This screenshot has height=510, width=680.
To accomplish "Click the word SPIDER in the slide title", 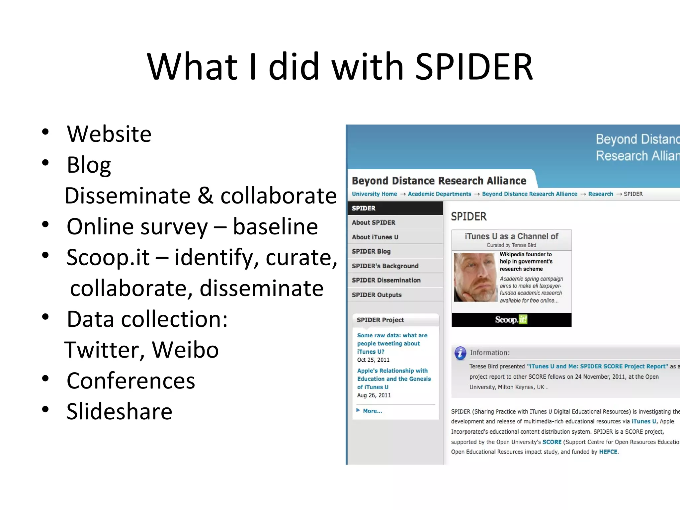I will [474, 67].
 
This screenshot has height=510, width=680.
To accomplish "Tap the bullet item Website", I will [109, 134].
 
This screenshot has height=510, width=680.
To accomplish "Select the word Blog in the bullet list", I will [89, 165].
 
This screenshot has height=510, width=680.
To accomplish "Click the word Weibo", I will [185, 350].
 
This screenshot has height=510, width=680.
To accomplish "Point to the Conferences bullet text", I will [131, 381].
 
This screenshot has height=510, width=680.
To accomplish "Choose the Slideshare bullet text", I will [119, 412].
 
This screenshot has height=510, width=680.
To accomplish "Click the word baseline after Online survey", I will [275, 227].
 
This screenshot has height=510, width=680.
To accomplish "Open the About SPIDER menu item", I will [374, 222].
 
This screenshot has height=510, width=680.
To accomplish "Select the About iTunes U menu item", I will [375, 237].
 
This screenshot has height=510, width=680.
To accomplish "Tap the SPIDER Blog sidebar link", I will [371, 251].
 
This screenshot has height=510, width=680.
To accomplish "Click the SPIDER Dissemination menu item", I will [386, 280].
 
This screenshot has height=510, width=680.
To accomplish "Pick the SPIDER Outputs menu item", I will [377, 295].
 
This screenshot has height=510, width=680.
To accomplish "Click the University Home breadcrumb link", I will [374, 194].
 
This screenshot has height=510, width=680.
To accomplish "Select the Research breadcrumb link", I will [600, 194].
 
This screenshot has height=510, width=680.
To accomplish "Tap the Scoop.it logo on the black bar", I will [511, 320].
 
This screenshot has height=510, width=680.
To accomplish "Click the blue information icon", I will [460, 353].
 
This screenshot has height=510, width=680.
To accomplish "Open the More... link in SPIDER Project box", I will [372, 411].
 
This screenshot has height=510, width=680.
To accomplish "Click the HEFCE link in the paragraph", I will [608, 452].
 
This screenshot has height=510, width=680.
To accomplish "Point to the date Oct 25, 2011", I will [373, 360].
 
